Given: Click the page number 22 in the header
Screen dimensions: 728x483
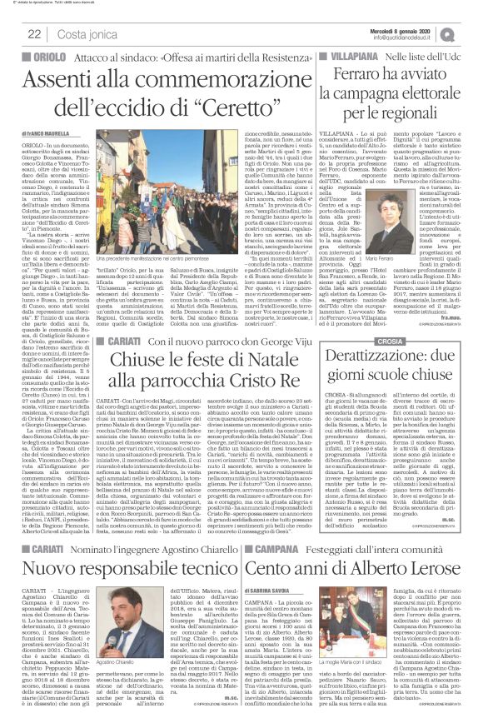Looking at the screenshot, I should (35, 33).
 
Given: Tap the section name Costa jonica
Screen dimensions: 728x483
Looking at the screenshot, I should (84, 33).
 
